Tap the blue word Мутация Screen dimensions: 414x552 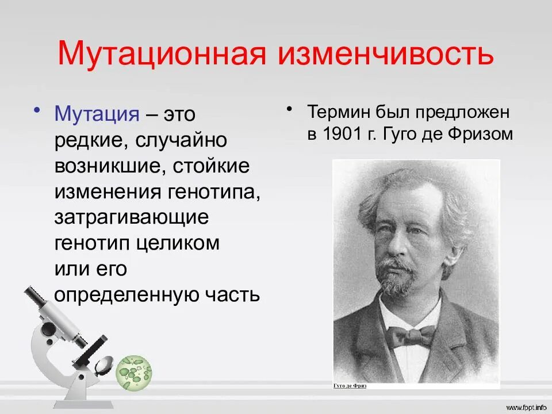[x=97, y=114]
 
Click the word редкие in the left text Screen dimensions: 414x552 [x=90, y=140]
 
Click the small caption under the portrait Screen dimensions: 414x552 [x=350, y=386]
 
